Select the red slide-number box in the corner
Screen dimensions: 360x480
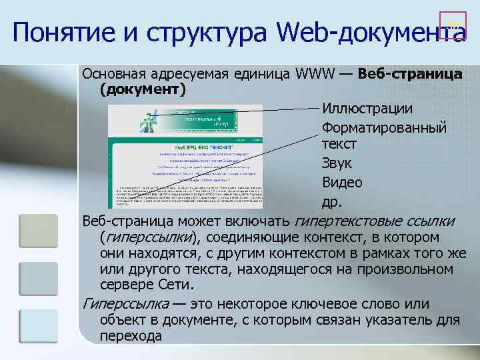pos(453,25)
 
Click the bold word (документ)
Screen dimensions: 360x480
pos(142,89)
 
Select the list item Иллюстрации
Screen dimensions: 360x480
pos(367,108)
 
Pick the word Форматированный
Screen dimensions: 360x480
pos(384,127)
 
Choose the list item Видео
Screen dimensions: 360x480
pos(342,183)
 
